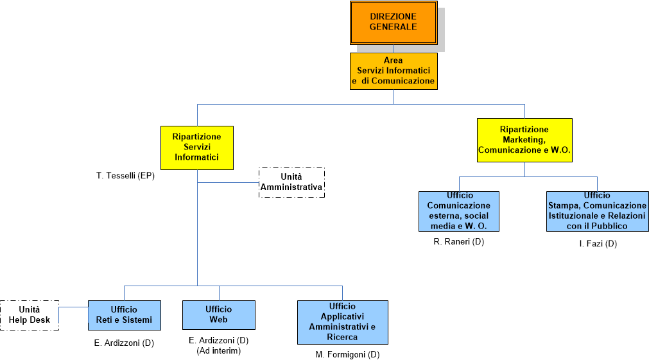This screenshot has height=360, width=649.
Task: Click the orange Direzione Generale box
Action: (394, 22)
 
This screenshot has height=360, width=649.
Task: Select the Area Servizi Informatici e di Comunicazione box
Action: (394, 71)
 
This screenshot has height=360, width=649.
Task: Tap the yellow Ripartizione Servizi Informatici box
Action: (196, 147)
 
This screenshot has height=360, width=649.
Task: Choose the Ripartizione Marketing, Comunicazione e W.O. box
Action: (524, 140)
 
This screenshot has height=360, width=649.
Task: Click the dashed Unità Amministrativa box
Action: (291, 182)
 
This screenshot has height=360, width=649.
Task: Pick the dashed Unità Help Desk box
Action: (30, 315)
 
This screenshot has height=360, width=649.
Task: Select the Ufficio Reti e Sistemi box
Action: (124, 315)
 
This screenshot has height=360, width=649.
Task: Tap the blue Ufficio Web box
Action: (219, 315)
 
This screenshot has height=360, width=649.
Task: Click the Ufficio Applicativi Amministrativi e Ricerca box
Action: (342, 322)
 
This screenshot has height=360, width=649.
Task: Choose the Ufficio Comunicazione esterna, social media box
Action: (459, 211)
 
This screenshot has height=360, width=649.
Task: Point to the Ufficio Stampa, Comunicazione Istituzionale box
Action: (597, 211)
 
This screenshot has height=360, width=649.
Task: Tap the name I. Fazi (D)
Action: (597, 244)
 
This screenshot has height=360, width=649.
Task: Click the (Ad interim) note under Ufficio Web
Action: (218, 350)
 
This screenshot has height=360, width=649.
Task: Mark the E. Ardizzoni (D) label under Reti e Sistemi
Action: (124, 343)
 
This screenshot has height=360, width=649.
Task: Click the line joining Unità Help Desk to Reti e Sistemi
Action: (73, 307)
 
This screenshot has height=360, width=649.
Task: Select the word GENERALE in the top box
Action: (394, 27)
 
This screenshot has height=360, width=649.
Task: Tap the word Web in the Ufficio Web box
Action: (219, 320)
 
